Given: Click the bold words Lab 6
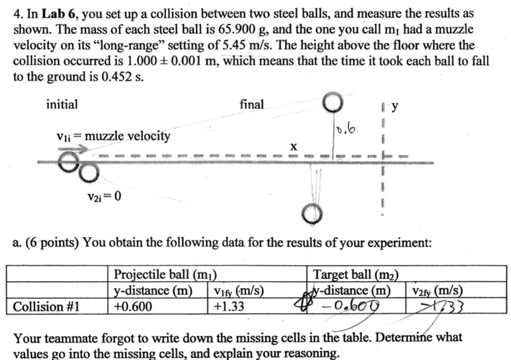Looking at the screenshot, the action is (60, 14).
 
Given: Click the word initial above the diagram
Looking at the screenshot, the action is (62, 105).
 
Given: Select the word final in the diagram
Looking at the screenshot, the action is (252, 104).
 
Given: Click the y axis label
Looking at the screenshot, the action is (395, 107).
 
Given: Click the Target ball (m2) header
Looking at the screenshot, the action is (356, 274).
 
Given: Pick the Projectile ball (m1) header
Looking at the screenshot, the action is (165, 274).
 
